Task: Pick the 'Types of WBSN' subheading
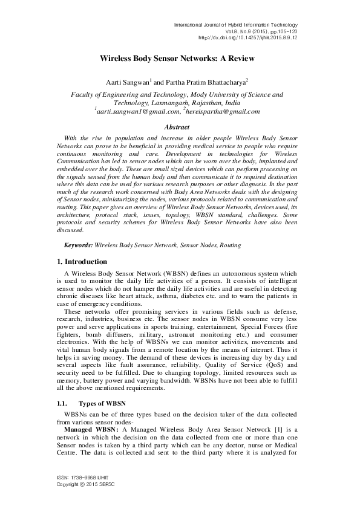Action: point(104,402)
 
